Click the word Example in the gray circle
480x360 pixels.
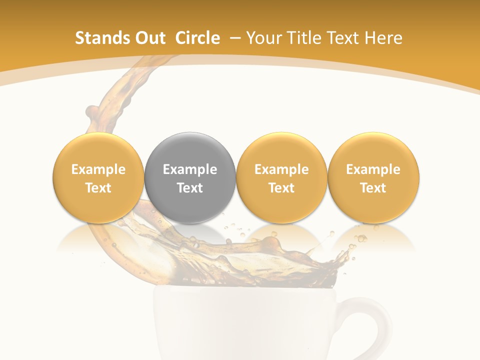(190, 169)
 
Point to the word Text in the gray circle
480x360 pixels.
(190, 188)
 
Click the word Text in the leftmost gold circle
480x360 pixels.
(98, 188)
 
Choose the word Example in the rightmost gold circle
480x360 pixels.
(373, 169)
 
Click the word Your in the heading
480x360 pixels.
(262, 38)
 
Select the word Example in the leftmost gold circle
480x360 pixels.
(98, 169)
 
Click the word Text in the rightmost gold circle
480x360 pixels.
(373, 188)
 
